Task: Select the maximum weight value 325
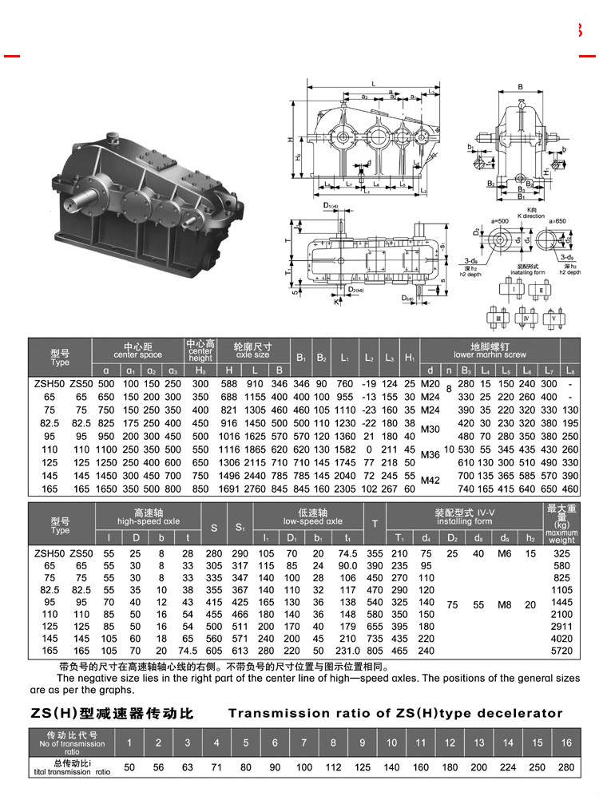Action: (561, 552)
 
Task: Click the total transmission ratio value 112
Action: (333, 767)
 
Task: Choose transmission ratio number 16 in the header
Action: (565, 743)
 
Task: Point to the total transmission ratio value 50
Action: (129, 767)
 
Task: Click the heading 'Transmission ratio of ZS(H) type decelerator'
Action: (395, 713)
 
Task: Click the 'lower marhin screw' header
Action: (490, 354)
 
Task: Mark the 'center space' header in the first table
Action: (137, 354)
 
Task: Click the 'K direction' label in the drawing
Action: (530, 216)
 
